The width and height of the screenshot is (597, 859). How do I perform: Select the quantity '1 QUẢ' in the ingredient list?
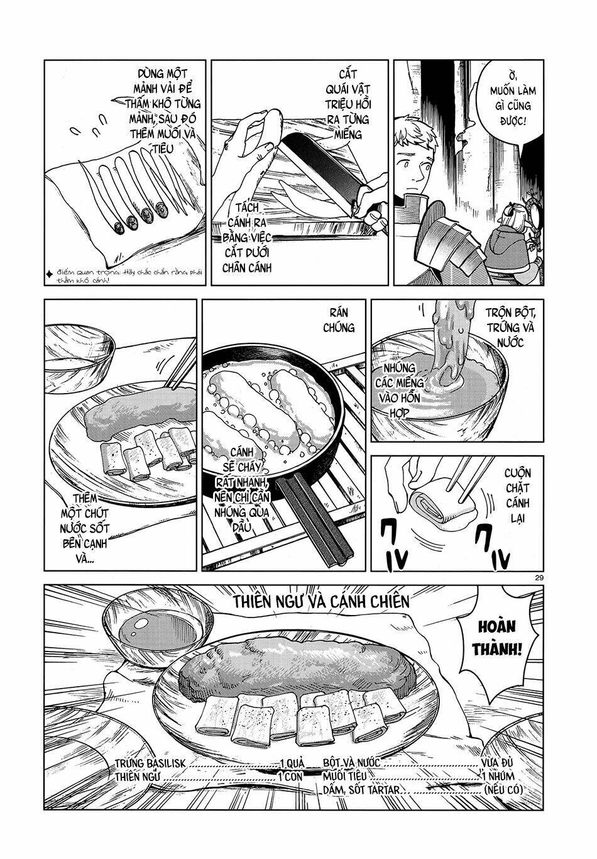click(x=292, y=763)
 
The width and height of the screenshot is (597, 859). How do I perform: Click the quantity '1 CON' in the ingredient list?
click(x=290, y=777)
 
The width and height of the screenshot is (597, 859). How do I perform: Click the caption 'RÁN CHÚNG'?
click(x=339, y=320)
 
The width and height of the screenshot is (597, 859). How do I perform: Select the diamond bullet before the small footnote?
click(x=48, y=274)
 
